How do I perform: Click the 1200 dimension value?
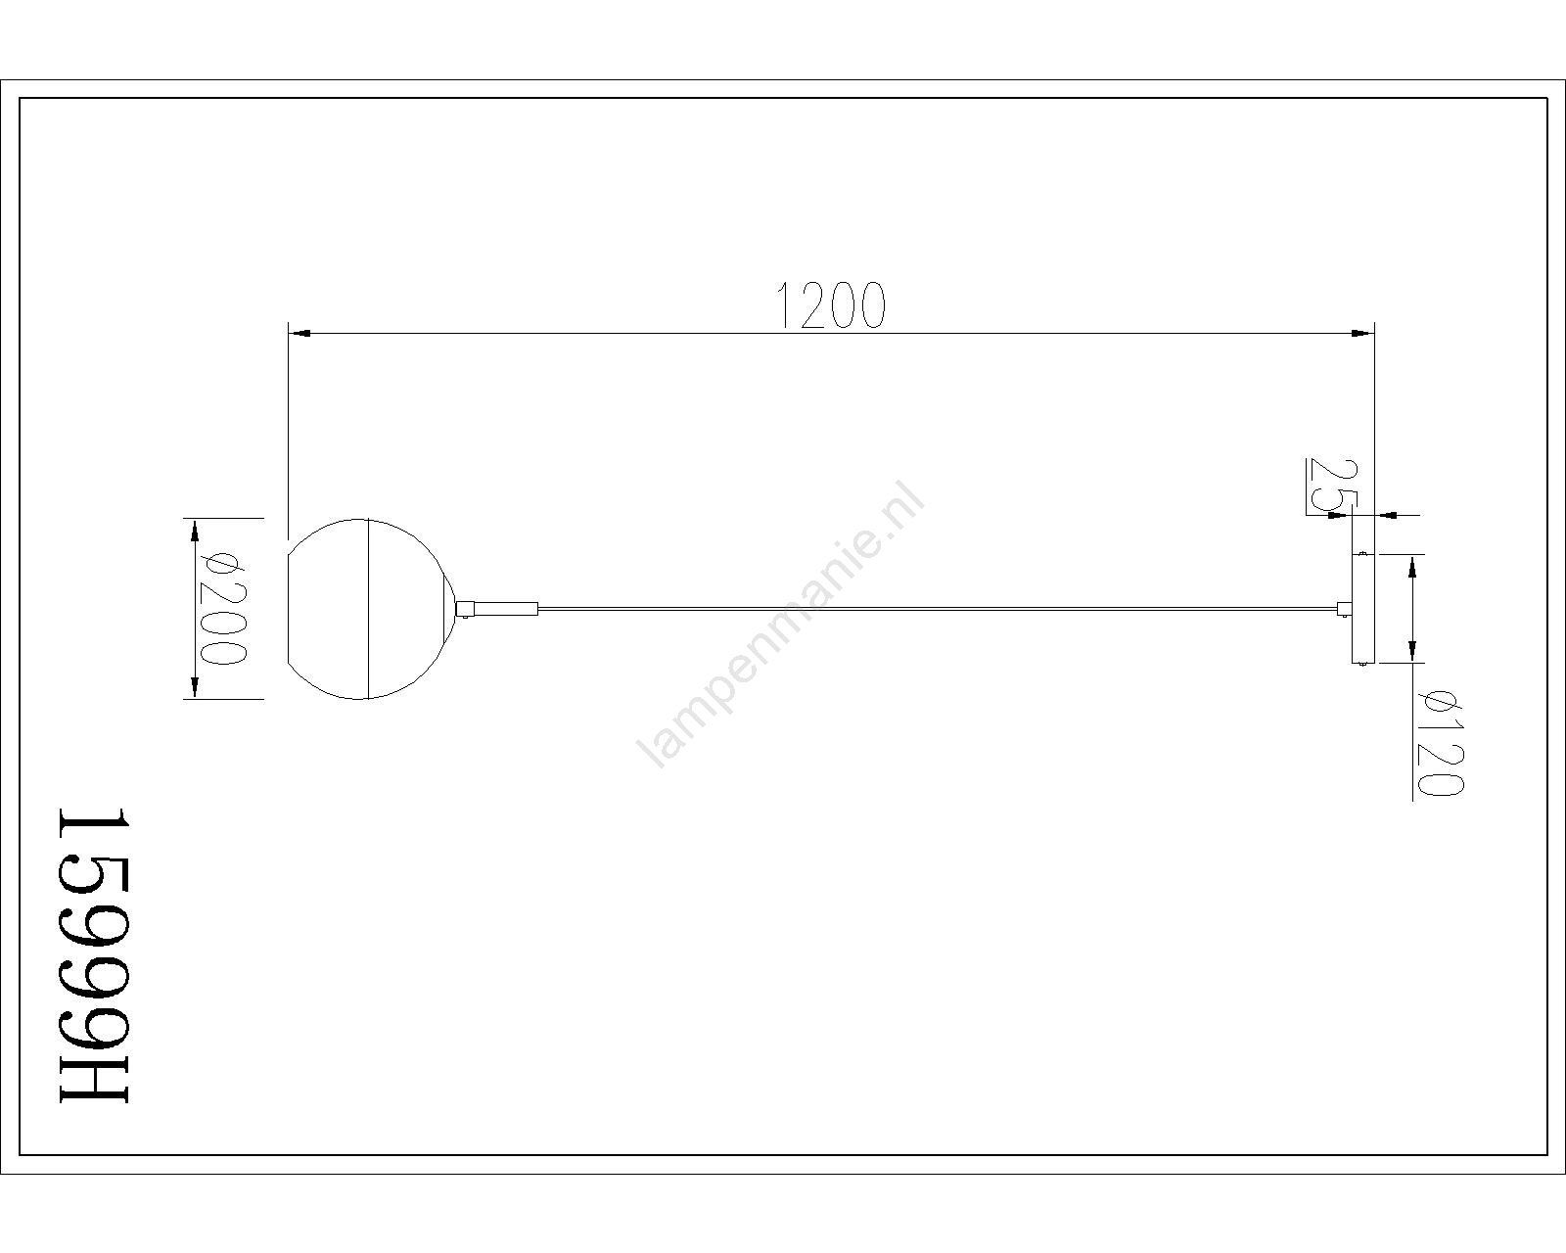(x=832, y=305)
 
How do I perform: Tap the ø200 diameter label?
(x=223, y=609)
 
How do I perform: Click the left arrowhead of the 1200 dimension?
(x=300, y=334)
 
